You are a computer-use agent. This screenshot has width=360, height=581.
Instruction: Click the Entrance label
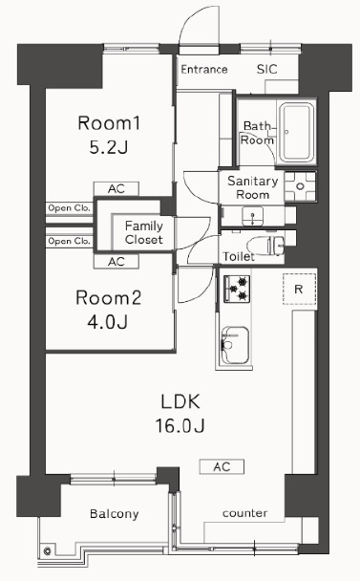[203, 70]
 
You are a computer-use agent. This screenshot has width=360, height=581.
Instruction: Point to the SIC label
[268, 70]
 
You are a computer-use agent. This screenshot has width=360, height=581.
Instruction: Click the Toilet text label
[239, 257]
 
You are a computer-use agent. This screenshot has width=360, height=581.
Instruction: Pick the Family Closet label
[144, 233]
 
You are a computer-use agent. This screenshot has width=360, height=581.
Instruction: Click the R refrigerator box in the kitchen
[298, 289]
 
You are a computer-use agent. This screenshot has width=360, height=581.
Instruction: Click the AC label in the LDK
[222, 466]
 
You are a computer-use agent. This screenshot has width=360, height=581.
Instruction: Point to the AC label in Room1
[116, 188]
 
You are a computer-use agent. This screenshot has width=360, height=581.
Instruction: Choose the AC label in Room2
[116, 261]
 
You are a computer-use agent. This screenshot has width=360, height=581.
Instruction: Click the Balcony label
[115, 514]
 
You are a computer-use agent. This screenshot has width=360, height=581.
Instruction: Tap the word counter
[244, 514]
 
